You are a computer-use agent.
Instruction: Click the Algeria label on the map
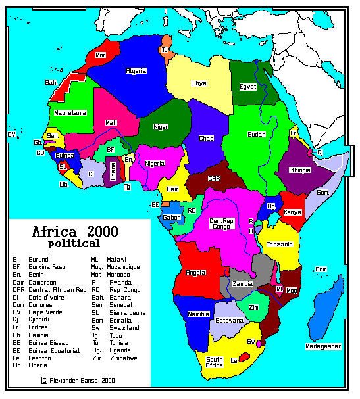(x=136, y=70)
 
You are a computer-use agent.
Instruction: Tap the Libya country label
(x=199, y=83)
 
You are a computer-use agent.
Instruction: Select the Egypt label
(x=247, y=86)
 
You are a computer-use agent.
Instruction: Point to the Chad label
(x=206, y=139)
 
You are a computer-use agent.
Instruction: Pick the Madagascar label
(x=322, y=346)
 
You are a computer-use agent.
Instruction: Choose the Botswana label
(x=229, y=321)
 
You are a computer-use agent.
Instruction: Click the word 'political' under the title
(x=74, y=243)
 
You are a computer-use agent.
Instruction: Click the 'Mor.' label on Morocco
(x=101, y=55)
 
